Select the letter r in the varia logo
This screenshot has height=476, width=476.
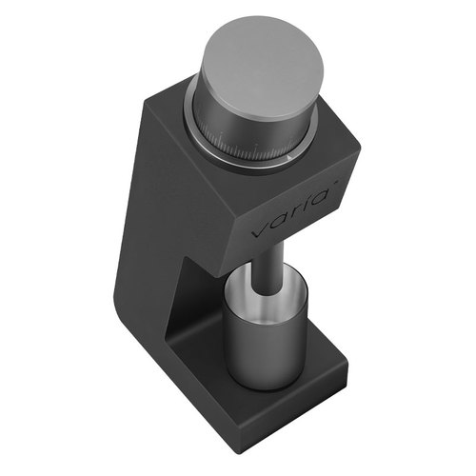(x=295, y=211)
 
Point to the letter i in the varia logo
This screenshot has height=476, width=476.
(x=307, y=204)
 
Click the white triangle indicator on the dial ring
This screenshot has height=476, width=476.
(x=289, y=156)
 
